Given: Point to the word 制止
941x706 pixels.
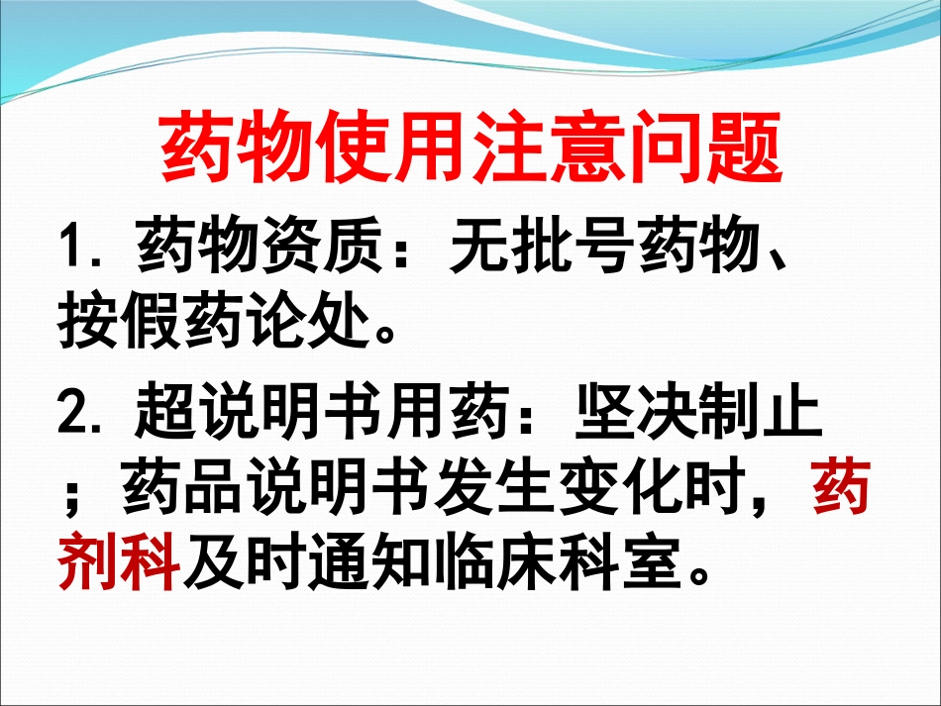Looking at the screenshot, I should [761, 416].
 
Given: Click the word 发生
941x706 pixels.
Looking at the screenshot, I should [496, 492].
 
